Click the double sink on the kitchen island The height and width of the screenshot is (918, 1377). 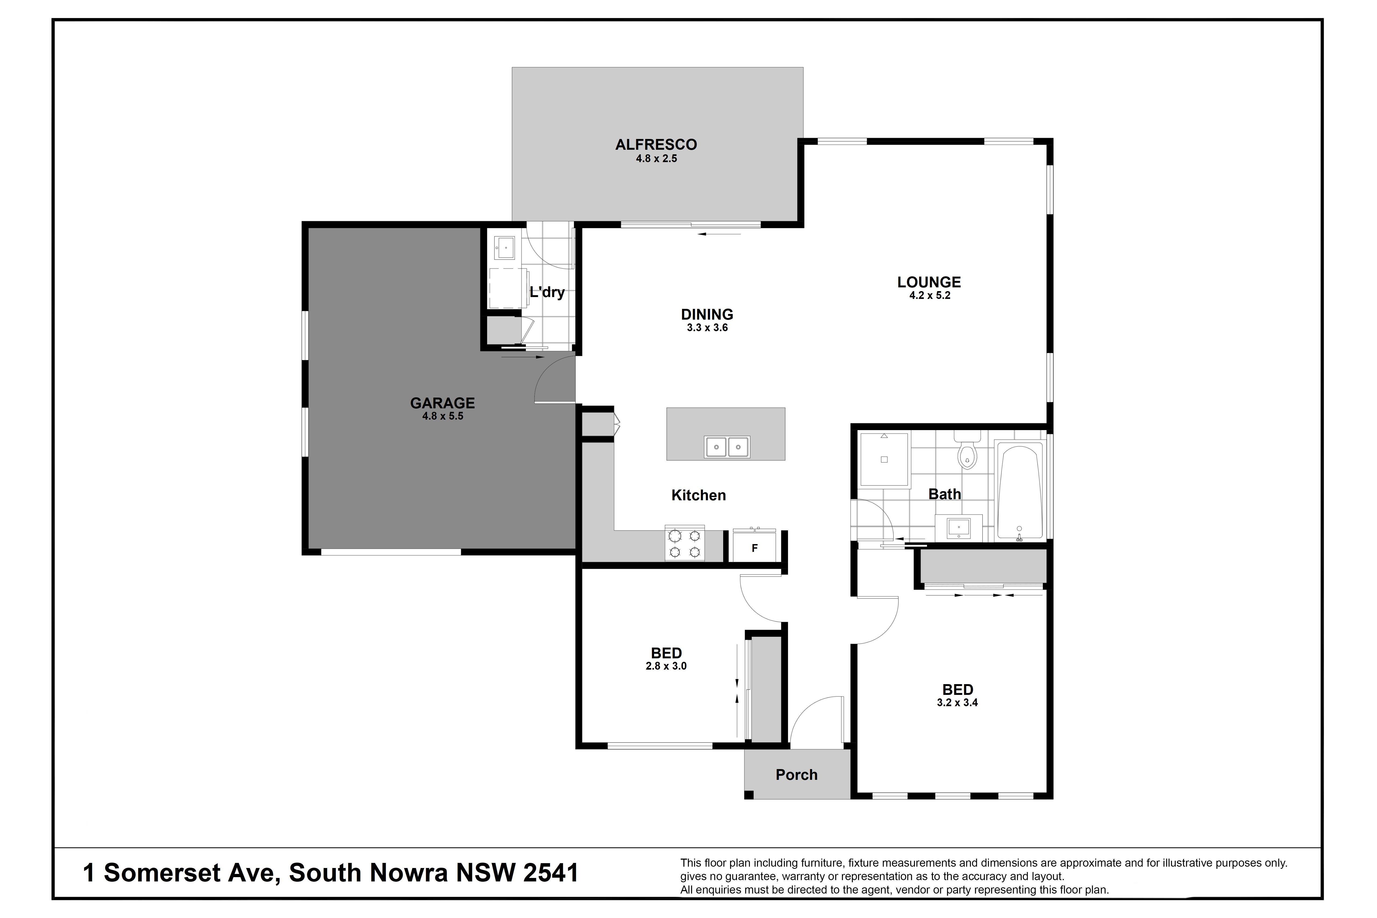[727, 447]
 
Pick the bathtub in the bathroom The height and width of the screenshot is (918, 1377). [1019, 491]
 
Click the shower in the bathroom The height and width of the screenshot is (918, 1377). [884, 460]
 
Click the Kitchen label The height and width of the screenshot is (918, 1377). [698, 495]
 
